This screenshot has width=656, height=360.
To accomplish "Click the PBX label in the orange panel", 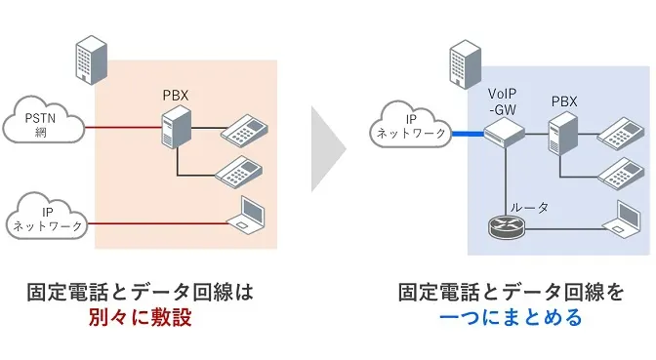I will coord(177,96).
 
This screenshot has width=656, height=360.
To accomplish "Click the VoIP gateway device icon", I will coord(505,139).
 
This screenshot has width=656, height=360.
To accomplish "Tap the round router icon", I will coord(505,229).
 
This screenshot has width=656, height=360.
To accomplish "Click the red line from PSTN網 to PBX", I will coord(122,126).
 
